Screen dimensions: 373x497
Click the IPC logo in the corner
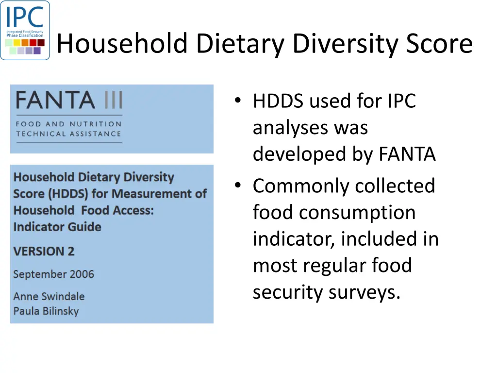(25, 30)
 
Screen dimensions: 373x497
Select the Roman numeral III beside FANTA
(113, 101)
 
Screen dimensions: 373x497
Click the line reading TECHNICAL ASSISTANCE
(68, 134)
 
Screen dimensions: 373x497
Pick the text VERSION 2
(44, 251)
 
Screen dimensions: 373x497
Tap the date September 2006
(53, 274)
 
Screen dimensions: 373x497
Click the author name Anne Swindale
(49, 296)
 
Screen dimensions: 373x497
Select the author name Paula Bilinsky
(46, 311)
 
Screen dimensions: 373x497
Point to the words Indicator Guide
(57, 227)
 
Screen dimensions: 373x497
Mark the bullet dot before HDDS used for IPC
(237, 101)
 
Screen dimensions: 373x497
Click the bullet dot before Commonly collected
(237, 186)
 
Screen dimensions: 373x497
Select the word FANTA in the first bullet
(407, 154)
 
